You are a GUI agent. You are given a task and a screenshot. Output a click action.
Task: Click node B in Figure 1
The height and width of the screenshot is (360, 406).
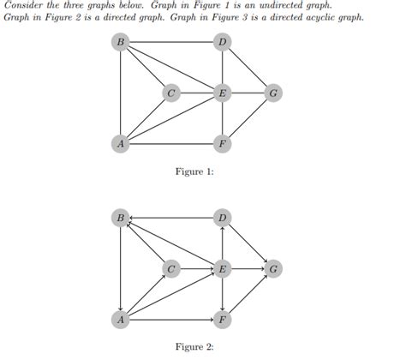click(x=121, y=42)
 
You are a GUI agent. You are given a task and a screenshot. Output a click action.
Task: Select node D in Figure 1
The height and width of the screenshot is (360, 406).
click(x=222, y=42)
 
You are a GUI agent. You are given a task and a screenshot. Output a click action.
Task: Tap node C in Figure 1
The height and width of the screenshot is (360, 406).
click(x=171, y=93)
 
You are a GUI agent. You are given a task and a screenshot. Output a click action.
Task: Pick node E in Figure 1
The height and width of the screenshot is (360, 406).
click(x=222, y=93)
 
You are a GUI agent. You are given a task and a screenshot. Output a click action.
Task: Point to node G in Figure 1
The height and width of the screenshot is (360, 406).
click(x=272, y=93)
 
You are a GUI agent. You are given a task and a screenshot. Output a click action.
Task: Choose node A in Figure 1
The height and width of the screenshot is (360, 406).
click(x=121, y=143)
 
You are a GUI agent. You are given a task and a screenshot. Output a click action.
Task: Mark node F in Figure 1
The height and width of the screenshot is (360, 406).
click(x=222, y=143)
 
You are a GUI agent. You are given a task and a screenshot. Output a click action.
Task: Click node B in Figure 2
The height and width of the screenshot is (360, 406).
click(x=121, y=219)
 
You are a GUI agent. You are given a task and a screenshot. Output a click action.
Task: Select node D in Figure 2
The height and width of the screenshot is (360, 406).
click(x=222, y=219)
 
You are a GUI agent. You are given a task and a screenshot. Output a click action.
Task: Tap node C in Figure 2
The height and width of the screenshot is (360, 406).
click(x=171, y=269)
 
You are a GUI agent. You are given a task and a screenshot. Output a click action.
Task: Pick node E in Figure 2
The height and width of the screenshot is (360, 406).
click(x=222, y=269)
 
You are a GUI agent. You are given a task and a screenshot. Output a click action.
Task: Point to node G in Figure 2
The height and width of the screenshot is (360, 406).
click(x=272, y=269)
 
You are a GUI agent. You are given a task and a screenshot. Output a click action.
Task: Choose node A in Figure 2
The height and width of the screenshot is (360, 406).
click(x=121, y=320)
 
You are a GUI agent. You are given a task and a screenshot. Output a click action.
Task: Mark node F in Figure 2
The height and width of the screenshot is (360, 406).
click(x=222, y=320)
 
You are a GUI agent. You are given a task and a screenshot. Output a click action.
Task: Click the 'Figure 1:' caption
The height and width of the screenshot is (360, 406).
click(x=194, y=172)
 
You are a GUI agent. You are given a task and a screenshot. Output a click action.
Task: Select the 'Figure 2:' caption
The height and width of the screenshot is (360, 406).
click(x=194, y=347)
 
